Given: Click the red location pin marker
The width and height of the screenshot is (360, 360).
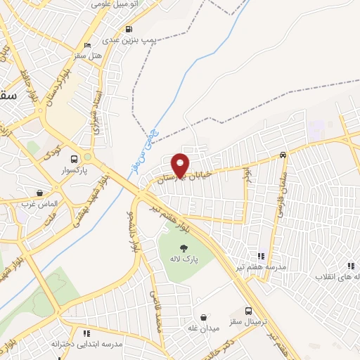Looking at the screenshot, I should coord(181,165).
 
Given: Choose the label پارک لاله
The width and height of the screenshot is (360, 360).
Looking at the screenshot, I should coord(184,259).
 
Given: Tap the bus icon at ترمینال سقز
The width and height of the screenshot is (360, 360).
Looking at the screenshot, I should coord(248,311).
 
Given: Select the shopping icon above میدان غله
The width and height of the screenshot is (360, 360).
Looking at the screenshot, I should coord(204,318).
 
